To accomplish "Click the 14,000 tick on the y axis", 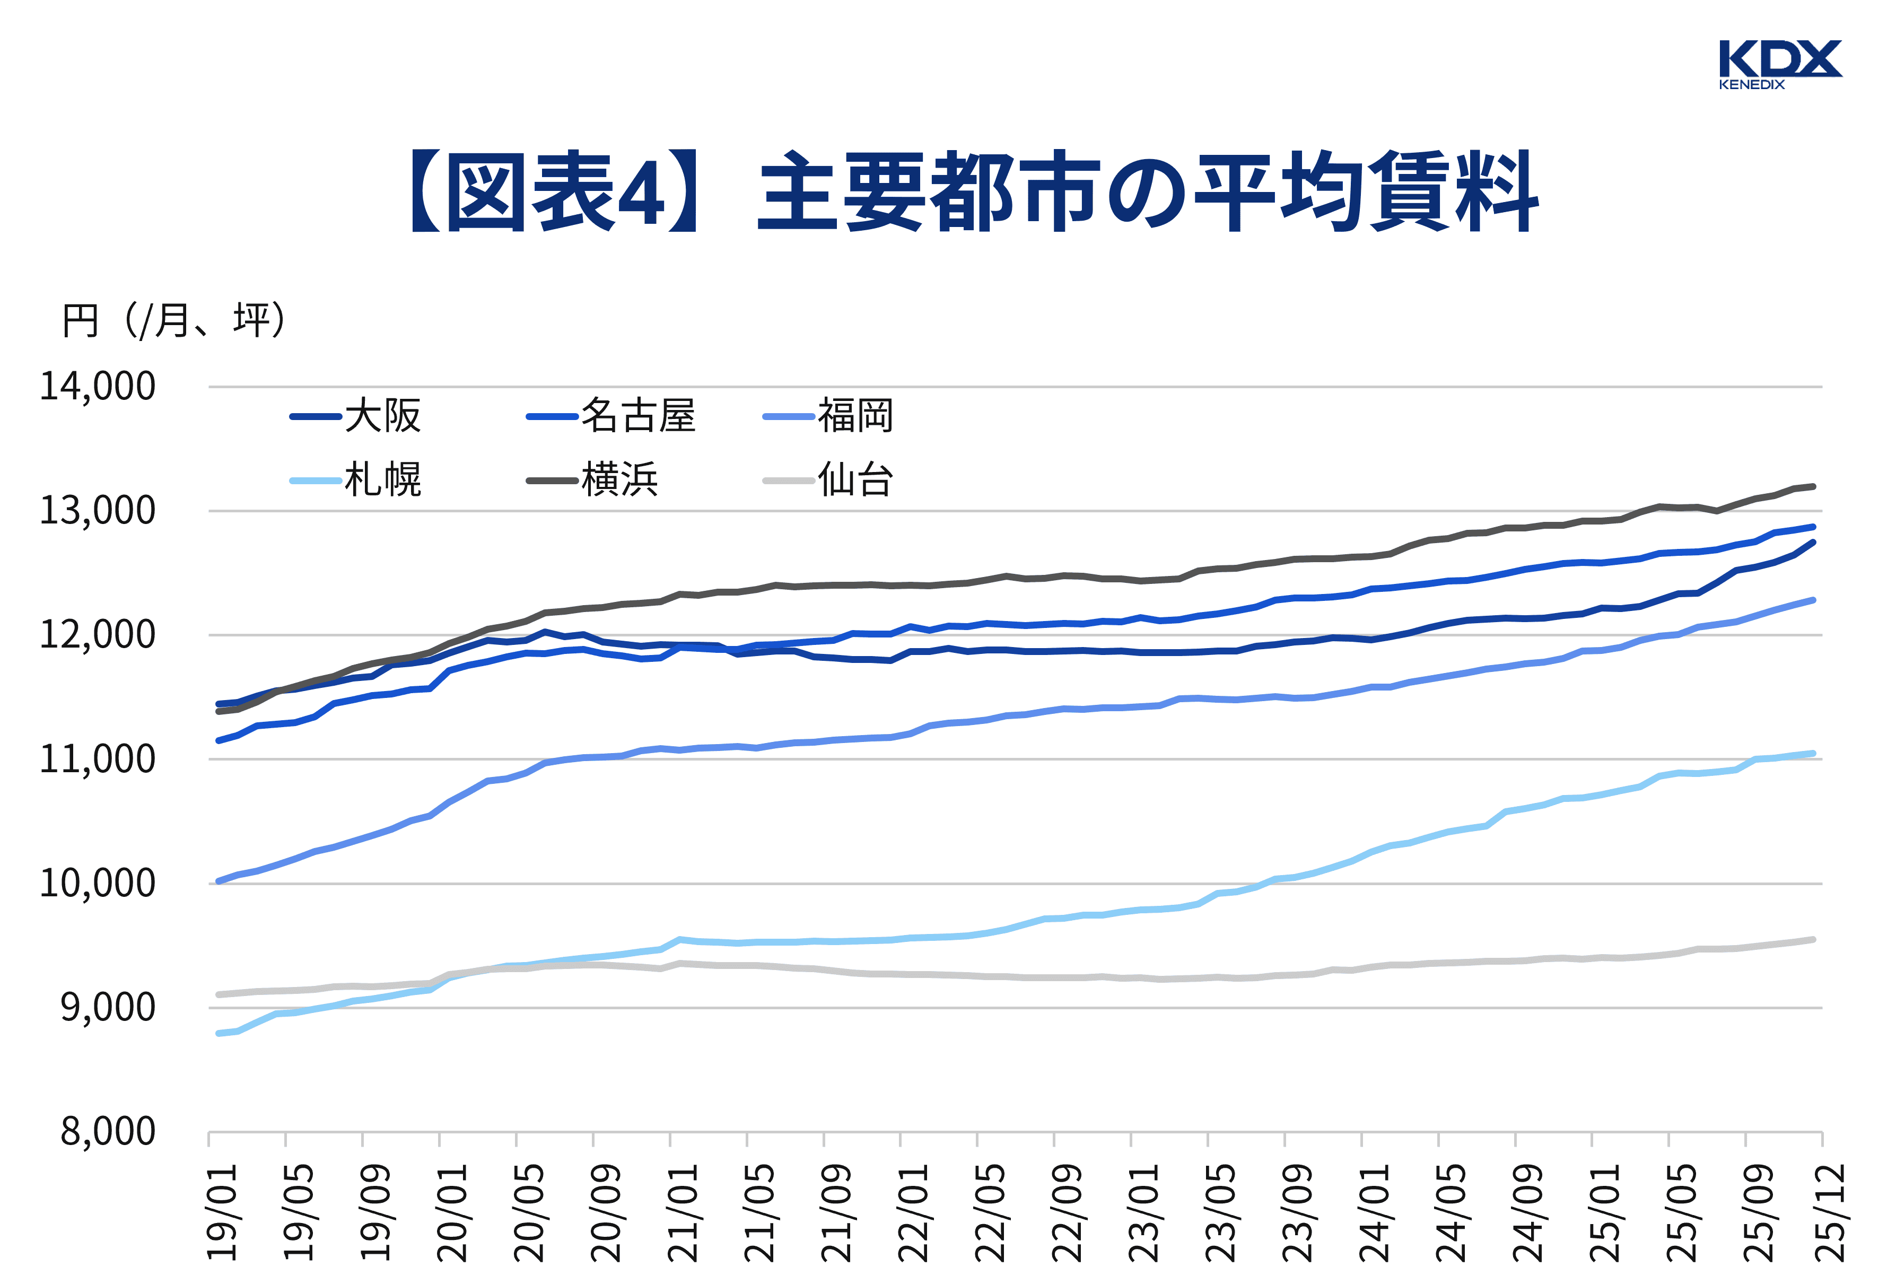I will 97,387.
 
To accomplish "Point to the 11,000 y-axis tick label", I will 97,759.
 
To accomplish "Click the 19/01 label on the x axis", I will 222,1211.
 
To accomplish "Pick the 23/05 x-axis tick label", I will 1220,1211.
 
